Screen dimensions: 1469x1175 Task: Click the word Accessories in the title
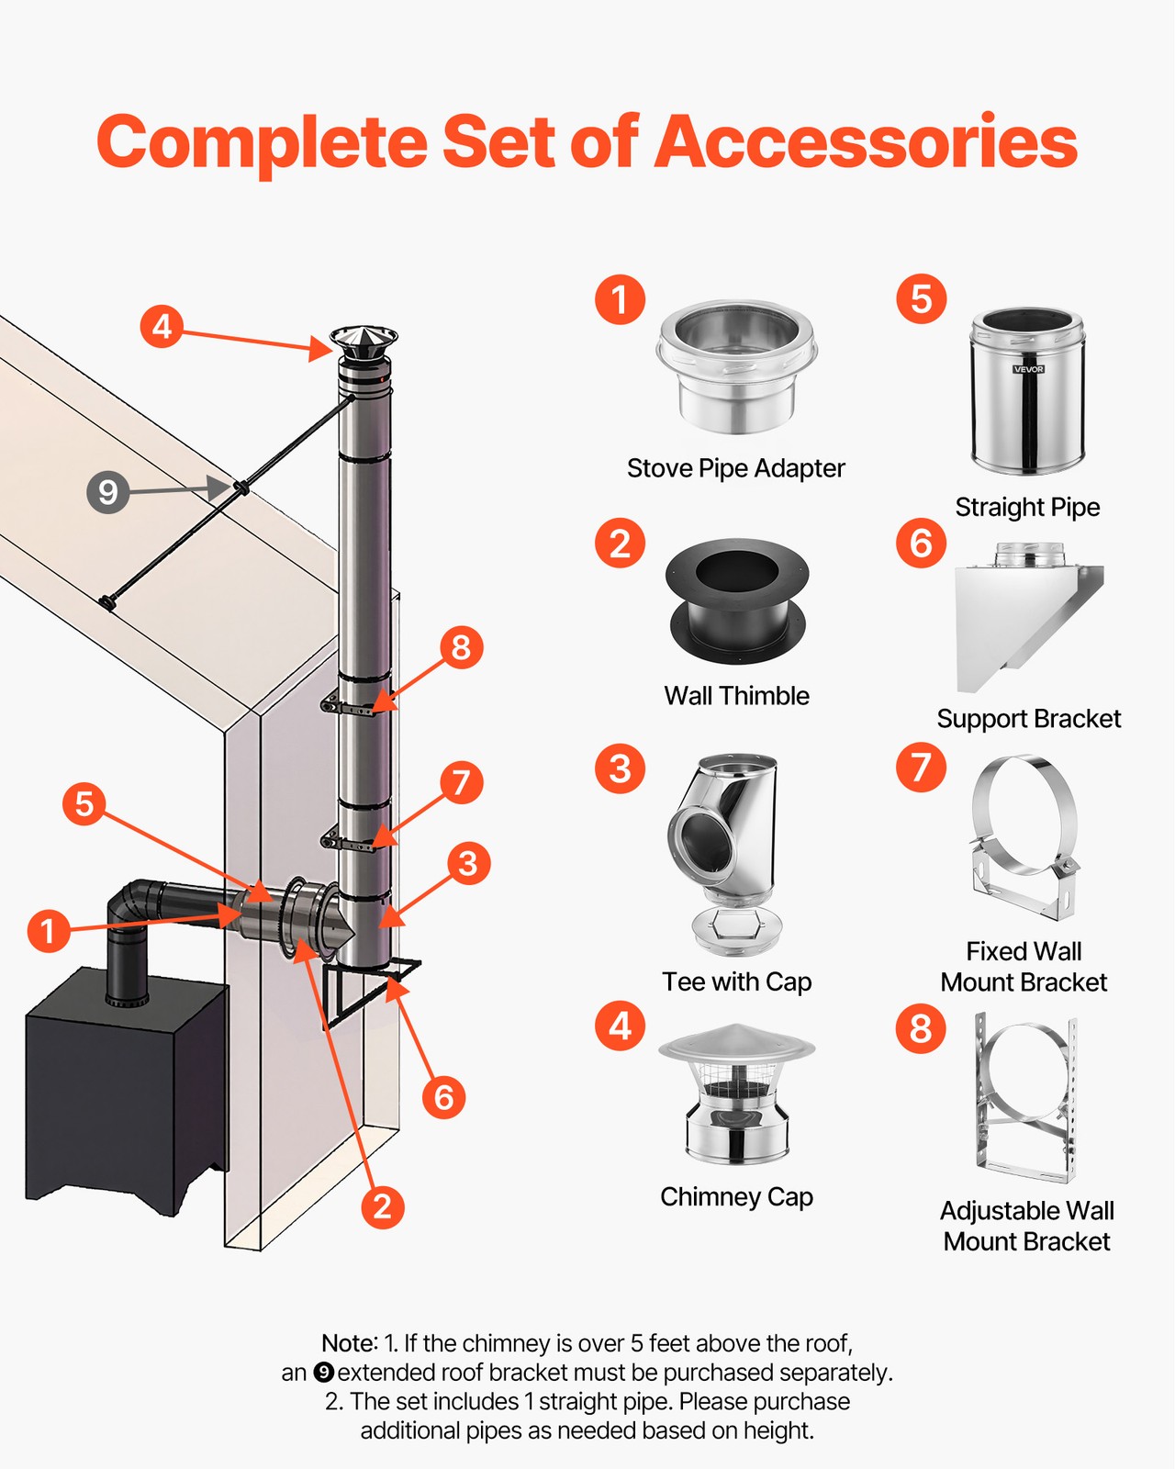pyautogui.click(x=866, y=142)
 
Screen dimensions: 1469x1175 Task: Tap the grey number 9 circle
pyautogui.click(x=107, y=491)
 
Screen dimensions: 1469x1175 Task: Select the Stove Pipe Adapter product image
pyautogui.click(x=736, y=369)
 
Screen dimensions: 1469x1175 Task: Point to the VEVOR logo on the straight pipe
pyautogui.click(x=1028, y=369)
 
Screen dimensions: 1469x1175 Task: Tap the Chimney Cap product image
pyautogui.click(x=736, y=1094)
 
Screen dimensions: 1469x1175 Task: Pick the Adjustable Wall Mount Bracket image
pyautogui.click(x=1026, y=1097)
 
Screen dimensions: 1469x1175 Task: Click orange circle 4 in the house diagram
pyautogui.click(x=162, y=327)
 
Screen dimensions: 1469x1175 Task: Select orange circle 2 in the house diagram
pyautogui.click(x=383, y=1205)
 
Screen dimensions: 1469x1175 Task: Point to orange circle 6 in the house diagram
pyautogui.click(x=444, y=1096)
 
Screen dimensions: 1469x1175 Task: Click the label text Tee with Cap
pyautogui.click(x=736, y=981)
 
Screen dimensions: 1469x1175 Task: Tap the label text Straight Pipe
pyautogui.click(x=1027, y=507)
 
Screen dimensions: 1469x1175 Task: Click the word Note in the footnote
pyautogui.click(x=348, y=1343)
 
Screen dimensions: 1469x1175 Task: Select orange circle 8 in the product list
pyautogui.click(x=921, y=1028)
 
